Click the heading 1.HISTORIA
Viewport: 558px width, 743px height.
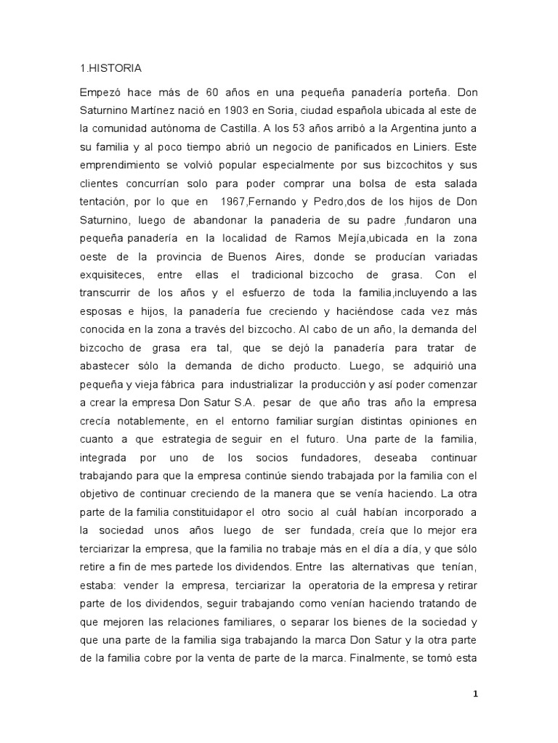pos(110,69)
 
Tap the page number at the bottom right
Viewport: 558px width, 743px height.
pos(475,694)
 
